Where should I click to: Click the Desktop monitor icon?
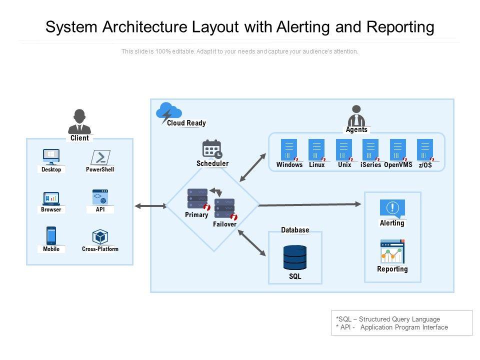[51, 156]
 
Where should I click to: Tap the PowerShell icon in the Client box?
[100, 157]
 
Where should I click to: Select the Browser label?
[51, 209]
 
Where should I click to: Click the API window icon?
[100, 197]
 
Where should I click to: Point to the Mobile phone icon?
[51, 235]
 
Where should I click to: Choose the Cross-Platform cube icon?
[100, 236]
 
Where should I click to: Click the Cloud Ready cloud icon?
[168, 111]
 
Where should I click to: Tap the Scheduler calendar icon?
[212, 149]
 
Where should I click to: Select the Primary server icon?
[197, 198]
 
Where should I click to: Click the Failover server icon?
[224, 208]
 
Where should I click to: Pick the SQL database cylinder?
[295, 257]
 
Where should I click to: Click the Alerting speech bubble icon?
[392, 208]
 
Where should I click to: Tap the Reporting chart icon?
[392, 251]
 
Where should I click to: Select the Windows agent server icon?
[289, 149]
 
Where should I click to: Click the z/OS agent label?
[425, 165]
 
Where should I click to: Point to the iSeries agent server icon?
[370, 149]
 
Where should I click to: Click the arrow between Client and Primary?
[150, 205]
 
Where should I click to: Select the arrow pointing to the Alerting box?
[310, 204]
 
